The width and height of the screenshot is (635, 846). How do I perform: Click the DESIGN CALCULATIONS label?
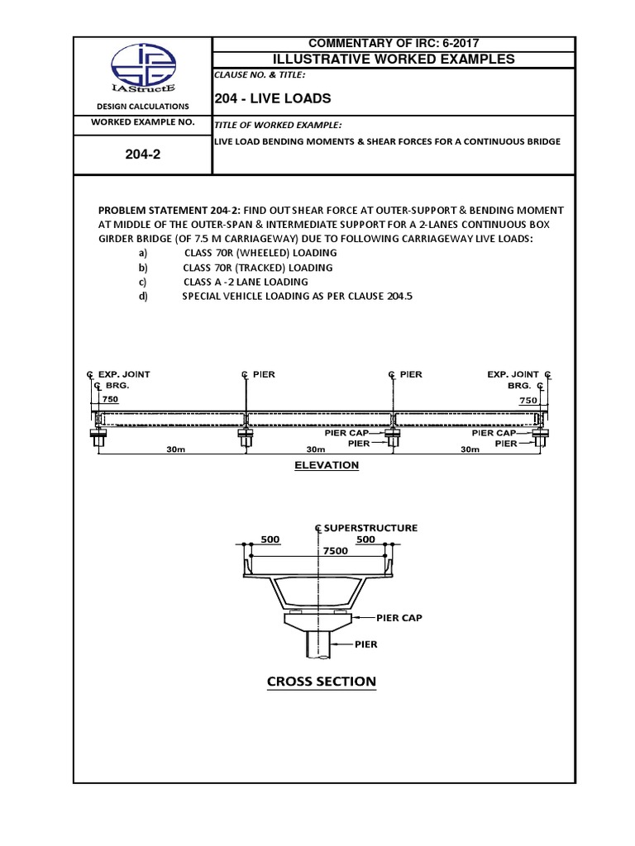142,107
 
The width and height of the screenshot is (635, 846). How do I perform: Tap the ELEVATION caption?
327,465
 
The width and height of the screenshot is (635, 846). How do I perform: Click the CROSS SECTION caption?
321,682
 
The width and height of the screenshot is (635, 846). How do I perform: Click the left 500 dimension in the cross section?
270,539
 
